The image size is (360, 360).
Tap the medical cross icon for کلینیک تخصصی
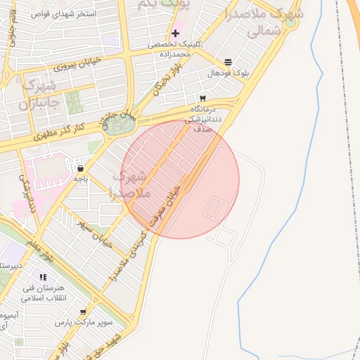click(175, 33)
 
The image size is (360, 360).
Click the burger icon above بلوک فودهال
click(227, 63)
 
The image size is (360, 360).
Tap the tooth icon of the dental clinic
click(202, 98)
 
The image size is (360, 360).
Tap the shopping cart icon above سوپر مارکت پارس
click(84, 311)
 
